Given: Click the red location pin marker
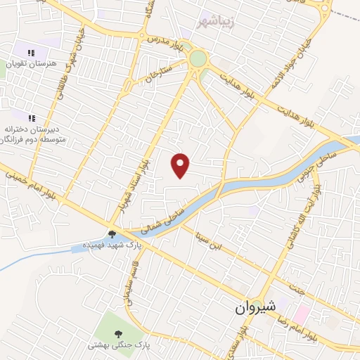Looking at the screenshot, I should tap(181, 165).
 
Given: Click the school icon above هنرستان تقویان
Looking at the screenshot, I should tap(31, 53).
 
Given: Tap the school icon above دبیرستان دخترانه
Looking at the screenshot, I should tap(31, 117).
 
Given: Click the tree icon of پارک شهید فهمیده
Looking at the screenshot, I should tap(111, 235).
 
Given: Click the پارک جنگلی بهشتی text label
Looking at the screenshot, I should tap(115, 346).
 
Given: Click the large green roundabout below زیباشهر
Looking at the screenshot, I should tap(198, 58).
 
